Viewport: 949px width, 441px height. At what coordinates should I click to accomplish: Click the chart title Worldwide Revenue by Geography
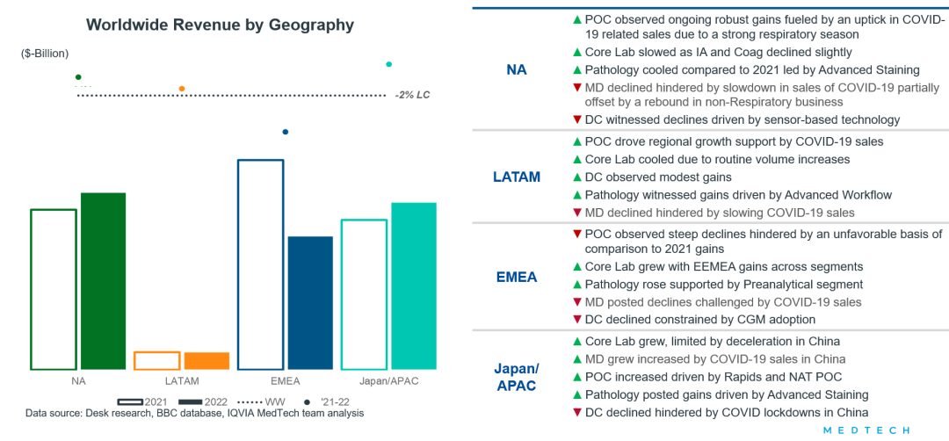point(220,25)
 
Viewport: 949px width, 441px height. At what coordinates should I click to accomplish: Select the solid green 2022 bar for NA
point(104,281)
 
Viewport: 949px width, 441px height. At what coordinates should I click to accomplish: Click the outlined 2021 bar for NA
point(54,289)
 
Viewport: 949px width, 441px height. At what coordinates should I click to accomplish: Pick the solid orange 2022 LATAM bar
point(206,360)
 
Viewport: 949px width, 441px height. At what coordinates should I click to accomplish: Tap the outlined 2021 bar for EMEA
point(261,264)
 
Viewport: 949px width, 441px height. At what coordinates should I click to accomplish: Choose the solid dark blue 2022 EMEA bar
point(310,302)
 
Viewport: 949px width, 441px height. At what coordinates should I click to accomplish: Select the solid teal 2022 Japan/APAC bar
point(414,286)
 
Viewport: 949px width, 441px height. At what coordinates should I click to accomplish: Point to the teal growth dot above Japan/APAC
point(389,64)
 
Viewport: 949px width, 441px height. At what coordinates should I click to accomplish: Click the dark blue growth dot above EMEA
point(285,133)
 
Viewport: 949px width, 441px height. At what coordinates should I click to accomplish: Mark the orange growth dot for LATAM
point(182,89)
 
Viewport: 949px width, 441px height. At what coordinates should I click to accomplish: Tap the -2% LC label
point(412,95)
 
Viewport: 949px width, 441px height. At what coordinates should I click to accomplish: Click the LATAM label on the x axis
point(182,381)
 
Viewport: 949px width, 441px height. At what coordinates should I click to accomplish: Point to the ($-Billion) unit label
point(44,54)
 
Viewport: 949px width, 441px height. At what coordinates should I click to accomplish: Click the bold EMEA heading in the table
point(516,278)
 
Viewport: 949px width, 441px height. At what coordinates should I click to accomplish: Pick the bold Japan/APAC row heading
point(516,377)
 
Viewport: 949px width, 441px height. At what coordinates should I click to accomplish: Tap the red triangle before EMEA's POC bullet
point(576,235)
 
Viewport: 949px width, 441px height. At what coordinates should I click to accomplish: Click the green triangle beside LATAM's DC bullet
point(576,177)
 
